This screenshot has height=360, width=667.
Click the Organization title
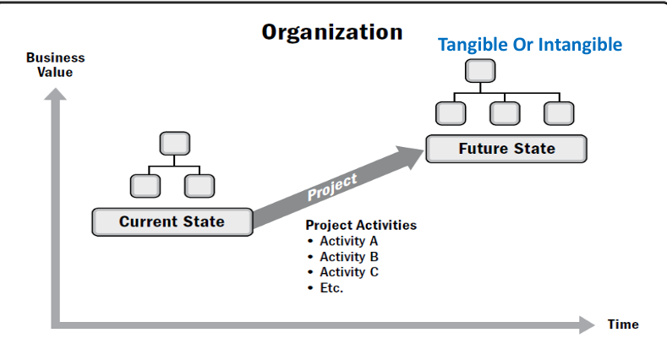[331, 32]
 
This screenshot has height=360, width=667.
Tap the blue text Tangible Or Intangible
[530, 45]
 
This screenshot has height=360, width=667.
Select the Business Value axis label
[55, 64]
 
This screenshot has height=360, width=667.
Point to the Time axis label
[623, 325]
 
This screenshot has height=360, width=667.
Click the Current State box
[172, 222]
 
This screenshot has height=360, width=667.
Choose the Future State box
[506, 149]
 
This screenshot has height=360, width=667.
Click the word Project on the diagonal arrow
[332, 187]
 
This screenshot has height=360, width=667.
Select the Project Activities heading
[361, 225]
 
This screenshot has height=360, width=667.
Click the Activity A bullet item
[342, 241]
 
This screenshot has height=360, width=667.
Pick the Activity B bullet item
[342, 257]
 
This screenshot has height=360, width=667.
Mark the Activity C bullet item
[342, 272]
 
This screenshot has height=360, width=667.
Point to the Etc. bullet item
[325, 288]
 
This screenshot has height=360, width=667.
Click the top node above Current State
[175, 143]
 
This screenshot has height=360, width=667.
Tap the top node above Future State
[480, 70]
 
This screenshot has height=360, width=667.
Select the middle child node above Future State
[505, 113]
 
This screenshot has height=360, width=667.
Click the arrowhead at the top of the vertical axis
[55, 94]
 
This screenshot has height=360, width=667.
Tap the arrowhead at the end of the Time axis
[587, 325]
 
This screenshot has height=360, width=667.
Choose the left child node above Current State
[145, 186]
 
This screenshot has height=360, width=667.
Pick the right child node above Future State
[559, 113]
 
